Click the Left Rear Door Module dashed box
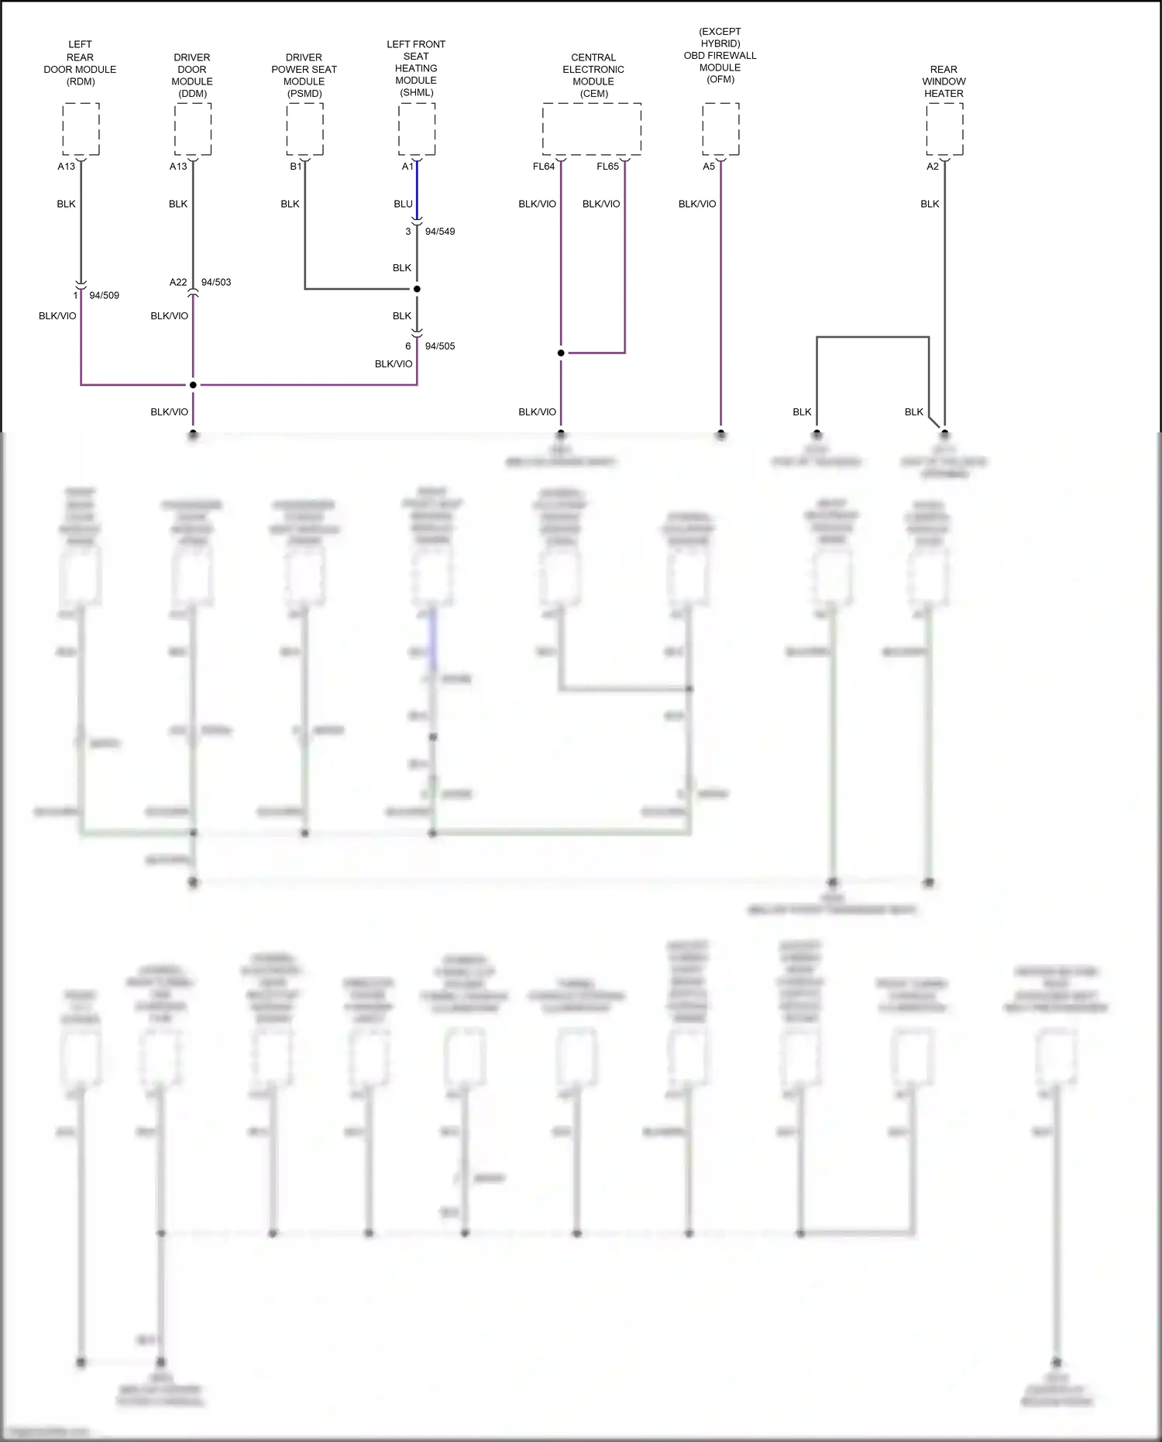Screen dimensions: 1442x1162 click(81, 129)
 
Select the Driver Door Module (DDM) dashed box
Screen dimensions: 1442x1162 click(193, 129)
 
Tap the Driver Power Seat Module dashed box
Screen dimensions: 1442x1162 click(304, 129)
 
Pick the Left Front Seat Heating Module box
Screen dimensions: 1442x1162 click(417, 129)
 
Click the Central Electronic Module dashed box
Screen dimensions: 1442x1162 click(592, 129)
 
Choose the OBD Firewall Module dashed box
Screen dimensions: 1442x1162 click(720, 129)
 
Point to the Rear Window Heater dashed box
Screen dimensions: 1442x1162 click(944, 129)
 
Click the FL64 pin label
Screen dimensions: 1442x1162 click(544, 167)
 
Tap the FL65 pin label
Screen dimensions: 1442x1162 click(607, 167)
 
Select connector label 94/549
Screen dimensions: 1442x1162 click(440, 232)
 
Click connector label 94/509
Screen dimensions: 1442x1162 click(105, 295)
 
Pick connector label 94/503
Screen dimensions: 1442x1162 click(216, 282)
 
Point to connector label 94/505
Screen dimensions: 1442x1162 click(440, 346)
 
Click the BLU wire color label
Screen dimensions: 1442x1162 click(403, 204)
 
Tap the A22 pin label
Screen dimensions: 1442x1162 click(178, 282)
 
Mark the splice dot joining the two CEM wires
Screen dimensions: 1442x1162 click(561, 353)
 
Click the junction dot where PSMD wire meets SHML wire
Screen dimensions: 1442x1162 click(417, 289)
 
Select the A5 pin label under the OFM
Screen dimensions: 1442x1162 click(709, 167)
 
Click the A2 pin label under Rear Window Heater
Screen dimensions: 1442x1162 click(933, 167)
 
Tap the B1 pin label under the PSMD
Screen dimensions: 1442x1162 click(296, 167)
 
